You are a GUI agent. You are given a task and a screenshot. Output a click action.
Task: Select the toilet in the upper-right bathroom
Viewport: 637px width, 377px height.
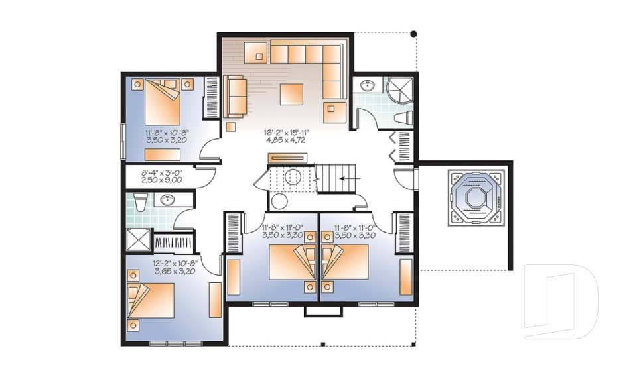point(403,117)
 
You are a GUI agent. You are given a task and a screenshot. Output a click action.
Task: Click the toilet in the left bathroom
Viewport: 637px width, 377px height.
point(139,201)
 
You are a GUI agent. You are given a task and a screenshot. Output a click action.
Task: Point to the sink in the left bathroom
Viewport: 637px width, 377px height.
point(167,199)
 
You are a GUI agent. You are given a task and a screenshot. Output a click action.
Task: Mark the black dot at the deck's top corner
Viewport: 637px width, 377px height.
point(413,33)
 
